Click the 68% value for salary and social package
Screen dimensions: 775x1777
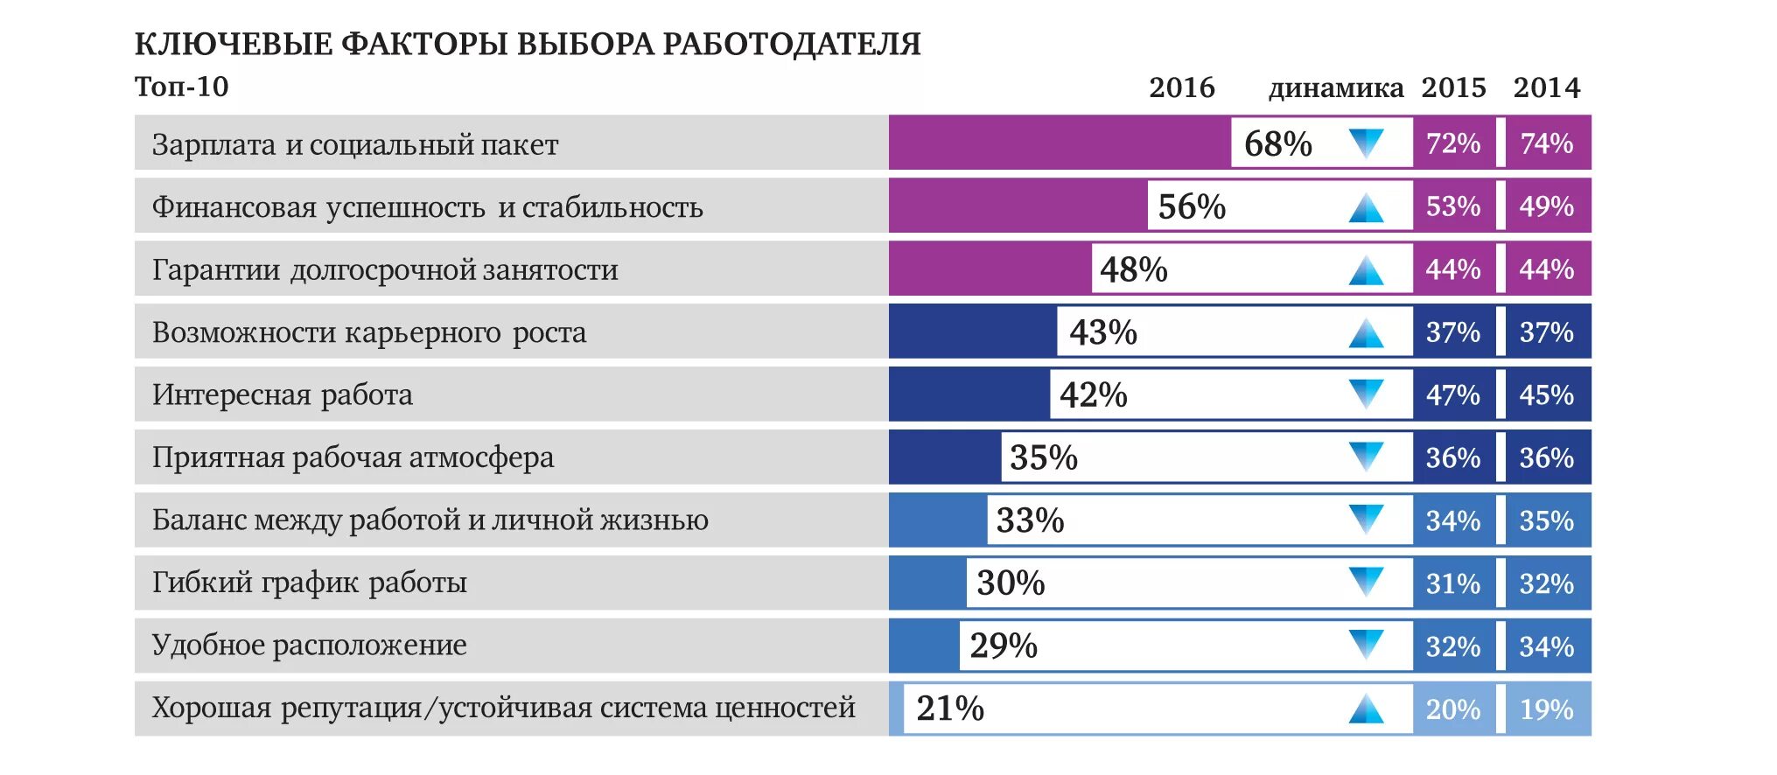(1277, 143)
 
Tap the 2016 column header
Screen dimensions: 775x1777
(1181, 87)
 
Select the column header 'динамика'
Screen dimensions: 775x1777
(1335, 87)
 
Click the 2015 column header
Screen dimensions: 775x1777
(1453, 87)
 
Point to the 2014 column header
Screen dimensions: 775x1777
(1547, 87)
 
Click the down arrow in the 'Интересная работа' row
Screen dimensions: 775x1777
(1366, 394)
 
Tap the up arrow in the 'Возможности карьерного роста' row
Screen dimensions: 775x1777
(1366, 333)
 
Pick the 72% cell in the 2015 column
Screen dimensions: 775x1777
(1453, 143)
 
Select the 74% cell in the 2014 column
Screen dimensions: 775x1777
(1547, 143)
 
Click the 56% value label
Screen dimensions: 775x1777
(1192, 206)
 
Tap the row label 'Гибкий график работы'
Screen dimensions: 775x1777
(310, 583)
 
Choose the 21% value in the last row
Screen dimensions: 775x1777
(950, 709)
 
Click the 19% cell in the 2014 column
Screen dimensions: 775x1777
(1547, 709)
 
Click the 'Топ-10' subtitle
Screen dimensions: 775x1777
(182, 87)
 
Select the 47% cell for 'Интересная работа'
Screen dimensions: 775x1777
(1453, 395)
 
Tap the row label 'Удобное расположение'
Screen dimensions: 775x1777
(310, 646)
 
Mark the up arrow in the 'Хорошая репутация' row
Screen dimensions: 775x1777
(1366, 709)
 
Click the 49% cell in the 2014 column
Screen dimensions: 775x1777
(1547, 206)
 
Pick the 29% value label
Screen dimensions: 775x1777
(1004, 646)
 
